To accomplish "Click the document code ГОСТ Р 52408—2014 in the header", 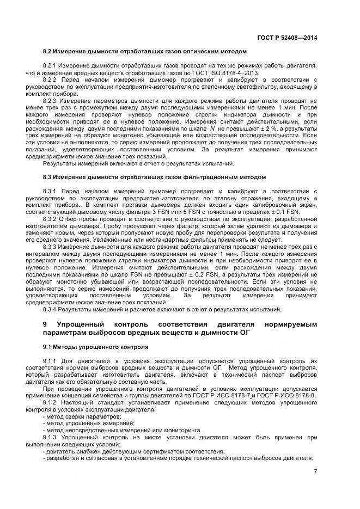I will coord(286,38).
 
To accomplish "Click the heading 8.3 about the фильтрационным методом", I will coord(154,177).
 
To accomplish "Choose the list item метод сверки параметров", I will coord(82,416).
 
